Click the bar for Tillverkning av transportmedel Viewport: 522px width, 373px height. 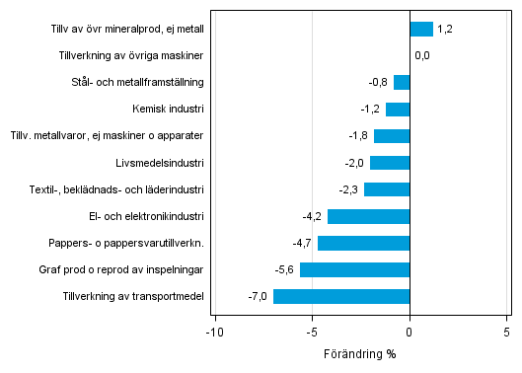pyautogui.click(x=341, y=296)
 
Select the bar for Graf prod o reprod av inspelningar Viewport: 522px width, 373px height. pyautogui.click(x=355, y=269)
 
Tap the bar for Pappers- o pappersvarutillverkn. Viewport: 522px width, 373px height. pyautogui.click(x=363, y=243)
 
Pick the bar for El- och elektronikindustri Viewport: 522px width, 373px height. pyautogui.click(x=368, y=216)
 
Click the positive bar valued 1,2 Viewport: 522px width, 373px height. pyautogui.click(x=421, y=30)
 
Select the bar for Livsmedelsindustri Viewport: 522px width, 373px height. pyautogui.click(x=390, y=163)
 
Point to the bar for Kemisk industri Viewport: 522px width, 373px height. pyautogui.click(x=398, y=110)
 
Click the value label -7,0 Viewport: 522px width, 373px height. pyautogui.click(x=259, y=296)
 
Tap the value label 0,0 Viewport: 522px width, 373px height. pyautogui.click(x=422, y=56)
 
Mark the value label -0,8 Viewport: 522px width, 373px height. pyautogui.click(x=379, y=83)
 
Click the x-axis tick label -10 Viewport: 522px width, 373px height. pyautogui.click(x=213, y=333)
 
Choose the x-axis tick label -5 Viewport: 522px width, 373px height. pyautogui.click(x=312, y=333)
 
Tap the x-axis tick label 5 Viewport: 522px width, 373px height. pyautogui.click(x=506, y=333)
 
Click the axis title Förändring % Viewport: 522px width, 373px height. pyautogui.click(x=359, y=353)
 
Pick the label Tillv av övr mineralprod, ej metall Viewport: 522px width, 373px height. pyautogui.click(x=127, y=30)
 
